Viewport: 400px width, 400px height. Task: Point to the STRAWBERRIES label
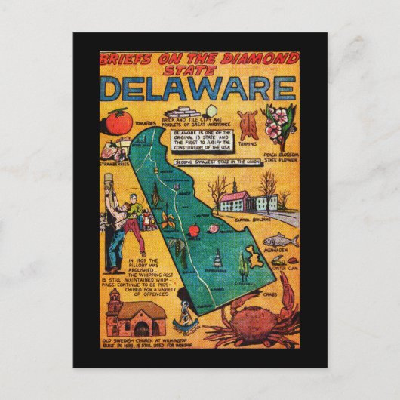(113, 162)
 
